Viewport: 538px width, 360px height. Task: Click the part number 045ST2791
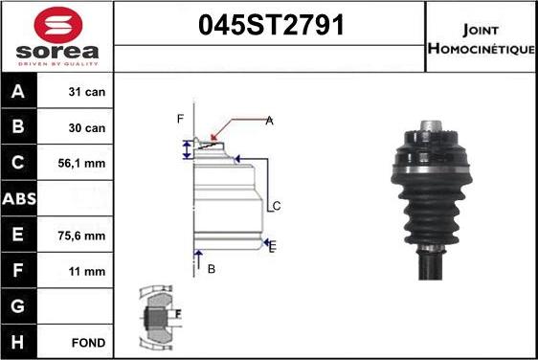click(x=269, y=27)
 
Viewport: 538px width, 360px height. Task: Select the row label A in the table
click(x=17, y=94)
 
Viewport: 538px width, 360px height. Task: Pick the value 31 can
click(x=87, y=94)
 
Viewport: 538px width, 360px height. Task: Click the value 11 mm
click(x=87, y=271)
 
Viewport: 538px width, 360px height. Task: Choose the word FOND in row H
click(x=87, y=342)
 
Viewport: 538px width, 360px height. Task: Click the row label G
click(x=17, y=306)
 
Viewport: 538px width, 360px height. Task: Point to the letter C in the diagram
click(x=276, y=206)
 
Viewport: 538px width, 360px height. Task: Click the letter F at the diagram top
click(x=179, y=119)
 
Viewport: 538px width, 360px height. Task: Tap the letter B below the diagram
click(x=211, y=269)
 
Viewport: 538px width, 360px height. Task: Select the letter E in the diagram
click(x=273, y=247)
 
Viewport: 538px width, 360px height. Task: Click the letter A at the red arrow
click(x=269, y=121)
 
